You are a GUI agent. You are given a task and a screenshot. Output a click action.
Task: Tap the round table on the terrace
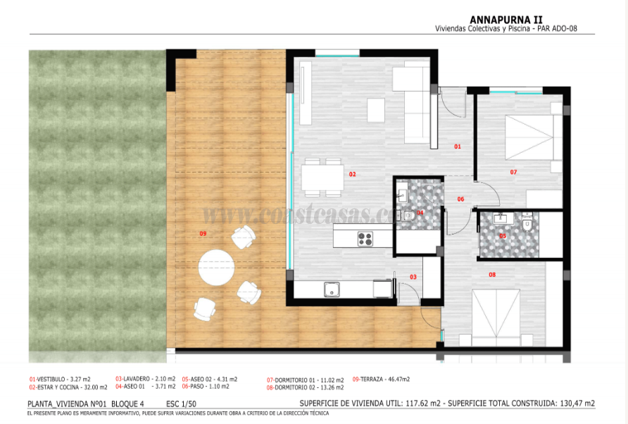[x=215, y=268]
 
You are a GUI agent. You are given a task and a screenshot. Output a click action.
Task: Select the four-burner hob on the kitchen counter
[x=365, y=239]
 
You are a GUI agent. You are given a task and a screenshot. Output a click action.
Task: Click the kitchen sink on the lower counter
[x=331, y=289]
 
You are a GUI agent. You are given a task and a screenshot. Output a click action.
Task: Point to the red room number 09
[x=203, y=233]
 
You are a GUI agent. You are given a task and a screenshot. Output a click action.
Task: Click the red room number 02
[x=352, y=174]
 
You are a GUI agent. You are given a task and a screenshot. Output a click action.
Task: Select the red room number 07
[x=513, y=172]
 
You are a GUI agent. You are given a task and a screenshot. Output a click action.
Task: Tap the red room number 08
[x=491, y=275]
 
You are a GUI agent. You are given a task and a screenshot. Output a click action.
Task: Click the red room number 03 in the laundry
[x=413, y=278]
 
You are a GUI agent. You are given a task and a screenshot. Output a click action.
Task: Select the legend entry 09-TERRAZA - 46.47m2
[x=381, y=379]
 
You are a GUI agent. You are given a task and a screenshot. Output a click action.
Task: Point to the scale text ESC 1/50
[x=182, y=404]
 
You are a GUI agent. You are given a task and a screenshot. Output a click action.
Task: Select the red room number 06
[x=460, y=199]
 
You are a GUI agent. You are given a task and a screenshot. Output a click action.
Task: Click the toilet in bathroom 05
[x=526, y=224]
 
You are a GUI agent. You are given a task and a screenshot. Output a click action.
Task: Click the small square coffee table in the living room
[x=376, y=109]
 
